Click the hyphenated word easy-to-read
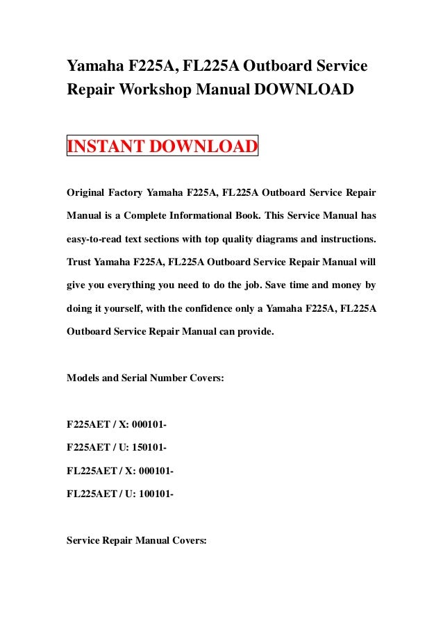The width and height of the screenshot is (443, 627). (x=97, y=240)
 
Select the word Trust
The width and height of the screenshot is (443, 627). (x=79, y=264)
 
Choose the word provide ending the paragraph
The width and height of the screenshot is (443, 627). (x=256, y=332)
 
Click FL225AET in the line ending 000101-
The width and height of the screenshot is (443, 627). (x=90, y=471)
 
